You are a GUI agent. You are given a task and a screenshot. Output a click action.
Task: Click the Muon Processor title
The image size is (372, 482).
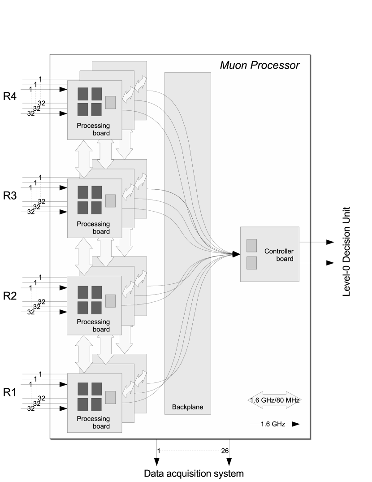[x=260, y=65]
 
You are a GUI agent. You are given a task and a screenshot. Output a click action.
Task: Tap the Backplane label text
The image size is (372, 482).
[x=187, y=408]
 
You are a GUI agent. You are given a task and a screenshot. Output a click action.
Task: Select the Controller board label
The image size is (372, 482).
[x=279, y=255]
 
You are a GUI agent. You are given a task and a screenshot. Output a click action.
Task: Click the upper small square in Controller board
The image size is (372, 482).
[x=252, y=245]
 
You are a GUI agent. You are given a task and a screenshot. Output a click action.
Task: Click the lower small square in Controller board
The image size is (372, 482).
[x=252, y=263]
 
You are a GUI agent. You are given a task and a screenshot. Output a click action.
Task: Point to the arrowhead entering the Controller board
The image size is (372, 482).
[x=236, y=255]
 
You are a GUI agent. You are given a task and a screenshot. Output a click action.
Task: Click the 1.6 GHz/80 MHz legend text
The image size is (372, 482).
[x=273, y=400]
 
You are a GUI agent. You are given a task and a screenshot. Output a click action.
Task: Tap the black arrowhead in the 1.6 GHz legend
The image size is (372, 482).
[x=295, y=424]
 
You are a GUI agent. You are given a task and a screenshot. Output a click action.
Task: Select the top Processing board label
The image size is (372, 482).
[x=93, y=130]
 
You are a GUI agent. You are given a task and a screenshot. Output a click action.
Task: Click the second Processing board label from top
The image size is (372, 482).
[x=93, y=228]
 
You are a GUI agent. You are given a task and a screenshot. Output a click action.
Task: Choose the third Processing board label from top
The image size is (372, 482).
[x=93, y=326]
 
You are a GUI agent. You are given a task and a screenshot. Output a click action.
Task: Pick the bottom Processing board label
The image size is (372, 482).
[x=93, y=423]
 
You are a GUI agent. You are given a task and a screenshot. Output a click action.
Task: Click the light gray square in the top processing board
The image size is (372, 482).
[x=110, y=102]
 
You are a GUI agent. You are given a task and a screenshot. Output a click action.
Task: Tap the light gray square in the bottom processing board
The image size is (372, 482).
[x=110, y=397]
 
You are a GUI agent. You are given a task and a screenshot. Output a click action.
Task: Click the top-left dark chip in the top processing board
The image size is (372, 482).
[x=83, y=94]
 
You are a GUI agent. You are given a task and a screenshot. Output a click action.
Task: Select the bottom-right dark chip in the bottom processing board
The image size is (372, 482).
[x=97, y=404]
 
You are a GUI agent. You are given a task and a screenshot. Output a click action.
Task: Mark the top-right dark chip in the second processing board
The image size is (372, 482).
[x=97, y=192]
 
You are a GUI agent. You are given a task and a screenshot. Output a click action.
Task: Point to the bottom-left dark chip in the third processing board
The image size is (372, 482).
[x=83, y=308]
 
